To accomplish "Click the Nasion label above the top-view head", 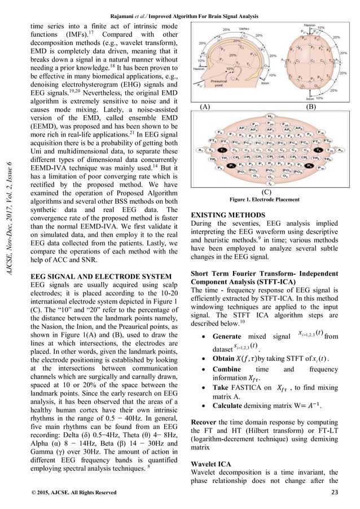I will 308,26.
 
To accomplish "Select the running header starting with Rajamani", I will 180,7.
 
